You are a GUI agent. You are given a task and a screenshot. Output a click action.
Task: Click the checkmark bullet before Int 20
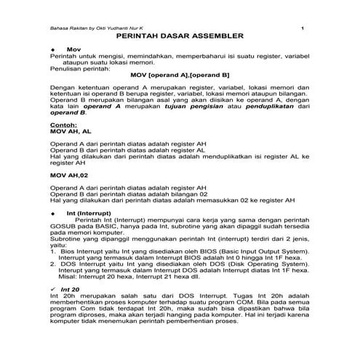[53, 289]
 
